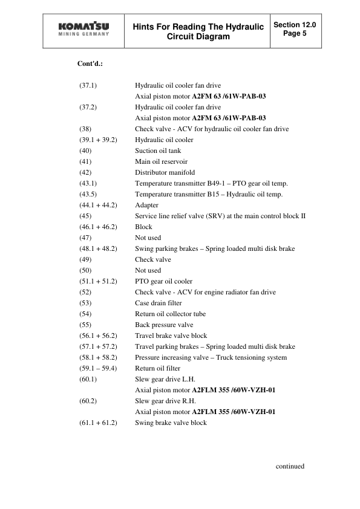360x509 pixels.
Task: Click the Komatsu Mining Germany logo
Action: pyautogui.click(x=83, y=31)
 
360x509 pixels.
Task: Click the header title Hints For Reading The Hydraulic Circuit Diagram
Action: pyautogui.click(x=198, y=31)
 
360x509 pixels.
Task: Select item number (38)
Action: pyautogui.click(x=85, y=129)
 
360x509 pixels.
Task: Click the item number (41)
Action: pyautogui.click(x=85, y=161)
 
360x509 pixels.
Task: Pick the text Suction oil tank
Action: pyautogui.click(x=157, y=151)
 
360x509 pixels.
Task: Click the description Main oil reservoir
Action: pyautogui.click(x=161, y=161)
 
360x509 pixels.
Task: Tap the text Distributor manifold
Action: pyautogui.click(x=162, y=172)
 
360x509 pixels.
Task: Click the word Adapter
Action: pyautogui.click(x=146, y=205)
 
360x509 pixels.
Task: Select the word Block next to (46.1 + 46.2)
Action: pyautogui.click(x=143, y=227)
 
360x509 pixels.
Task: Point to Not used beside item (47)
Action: pyautogui.click(x=148, y=238)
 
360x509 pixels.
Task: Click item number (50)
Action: pyautogui.click(x=85, y=270)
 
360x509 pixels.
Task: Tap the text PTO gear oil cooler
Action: pyautogui.click(x=163, y=281)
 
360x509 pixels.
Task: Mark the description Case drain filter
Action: pyautogui.click(x=158, y=303)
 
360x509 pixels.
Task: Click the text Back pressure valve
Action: pyautogui.click(x=164, y=325)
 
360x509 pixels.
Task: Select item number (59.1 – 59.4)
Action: pyautogui.click(x=98, y=368)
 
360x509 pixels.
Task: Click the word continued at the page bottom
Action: pyautogui.click(x=290, y=466)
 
